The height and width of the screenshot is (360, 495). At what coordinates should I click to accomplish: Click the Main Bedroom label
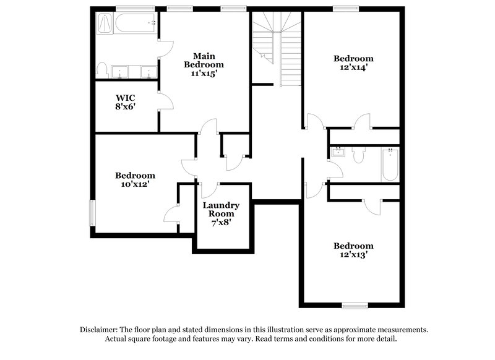(x=204, y=60)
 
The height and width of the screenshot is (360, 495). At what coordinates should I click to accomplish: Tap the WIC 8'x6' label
(x=126, y=102)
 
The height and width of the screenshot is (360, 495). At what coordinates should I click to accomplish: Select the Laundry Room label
(x=221, y=210)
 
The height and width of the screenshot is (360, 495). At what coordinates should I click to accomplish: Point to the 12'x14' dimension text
(x=353, y=68)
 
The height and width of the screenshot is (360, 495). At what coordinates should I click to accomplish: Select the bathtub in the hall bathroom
(x=390, y=164)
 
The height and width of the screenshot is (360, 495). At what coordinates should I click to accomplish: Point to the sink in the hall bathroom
(x=338, y=152)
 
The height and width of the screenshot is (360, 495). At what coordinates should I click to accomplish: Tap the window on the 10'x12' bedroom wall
(x=92, y=213)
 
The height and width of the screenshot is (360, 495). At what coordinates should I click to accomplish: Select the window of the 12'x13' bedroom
(x=355, y=305)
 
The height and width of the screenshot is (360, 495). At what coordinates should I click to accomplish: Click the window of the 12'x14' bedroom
(x=342, y=8)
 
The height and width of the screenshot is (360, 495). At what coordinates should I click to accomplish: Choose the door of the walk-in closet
(x=165, y=101)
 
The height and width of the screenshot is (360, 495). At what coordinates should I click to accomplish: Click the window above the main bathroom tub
(x=127, y=8)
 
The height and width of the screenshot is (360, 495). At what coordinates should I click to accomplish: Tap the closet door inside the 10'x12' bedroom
(x=171, y=215)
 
